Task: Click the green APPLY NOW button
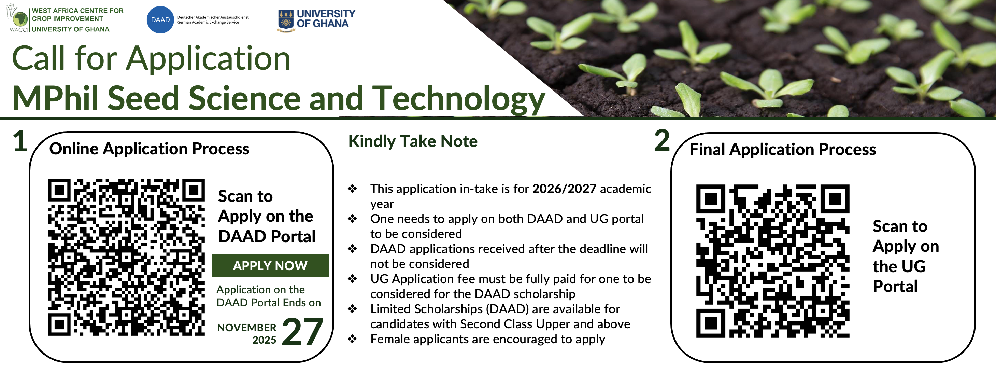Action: (270, 265)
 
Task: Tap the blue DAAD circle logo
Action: (160, 20)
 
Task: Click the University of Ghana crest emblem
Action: (286, 20)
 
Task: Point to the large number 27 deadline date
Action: (302, 332)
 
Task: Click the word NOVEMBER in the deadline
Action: (247, 328)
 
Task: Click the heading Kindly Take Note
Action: (413, 141)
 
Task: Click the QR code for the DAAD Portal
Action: (126, 257)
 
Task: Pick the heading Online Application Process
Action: (149, 149)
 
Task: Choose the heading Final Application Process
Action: (783, 149)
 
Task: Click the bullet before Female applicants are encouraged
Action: (352, 339)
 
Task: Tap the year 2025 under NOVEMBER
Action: (264, 340)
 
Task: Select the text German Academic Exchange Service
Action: (208, 23)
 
